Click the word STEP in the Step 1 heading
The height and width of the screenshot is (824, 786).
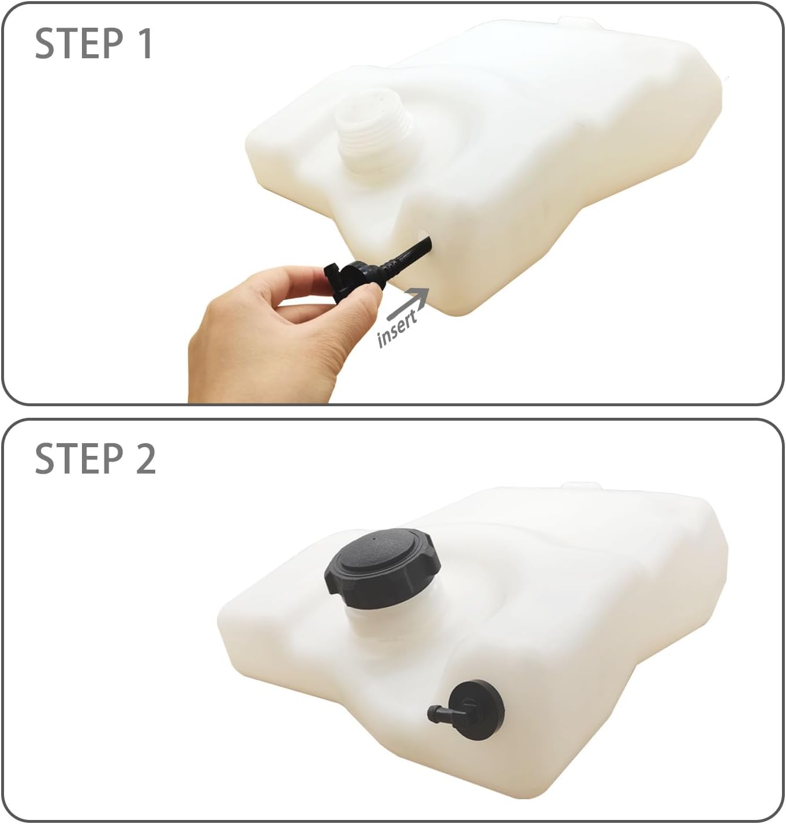click(x=79, y=44)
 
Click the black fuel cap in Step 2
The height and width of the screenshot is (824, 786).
click(x=382, y=568)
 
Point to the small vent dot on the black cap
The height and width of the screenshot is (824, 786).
click(x=373, y=537)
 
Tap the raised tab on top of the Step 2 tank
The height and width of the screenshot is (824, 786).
click(x=581, y=486)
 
